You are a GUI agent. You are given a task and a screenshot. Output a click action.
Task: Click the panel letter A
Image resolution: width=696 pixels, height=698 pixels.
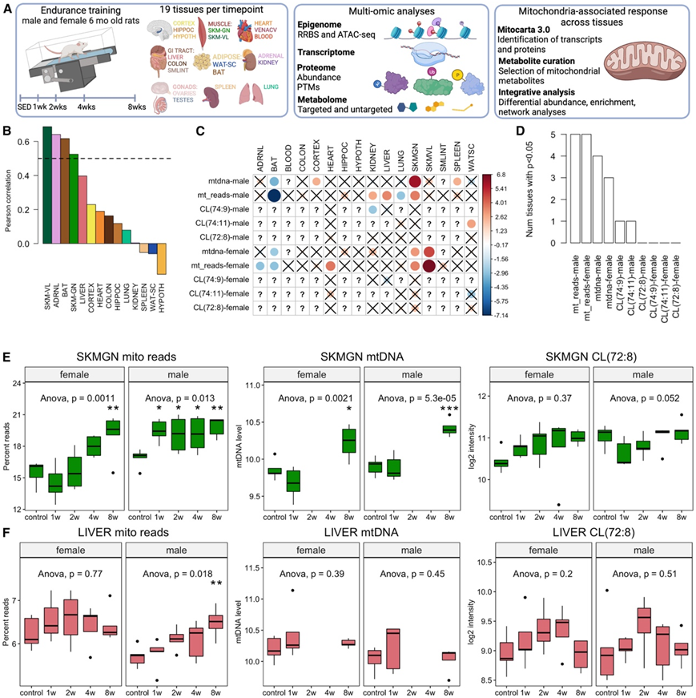pyautogui.click(x=11, y=10)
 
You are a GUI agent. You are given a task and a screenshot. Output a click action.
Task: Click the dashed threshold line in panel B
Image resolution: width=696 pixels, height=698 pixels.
pyautogui.click(x=104, y=159)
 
